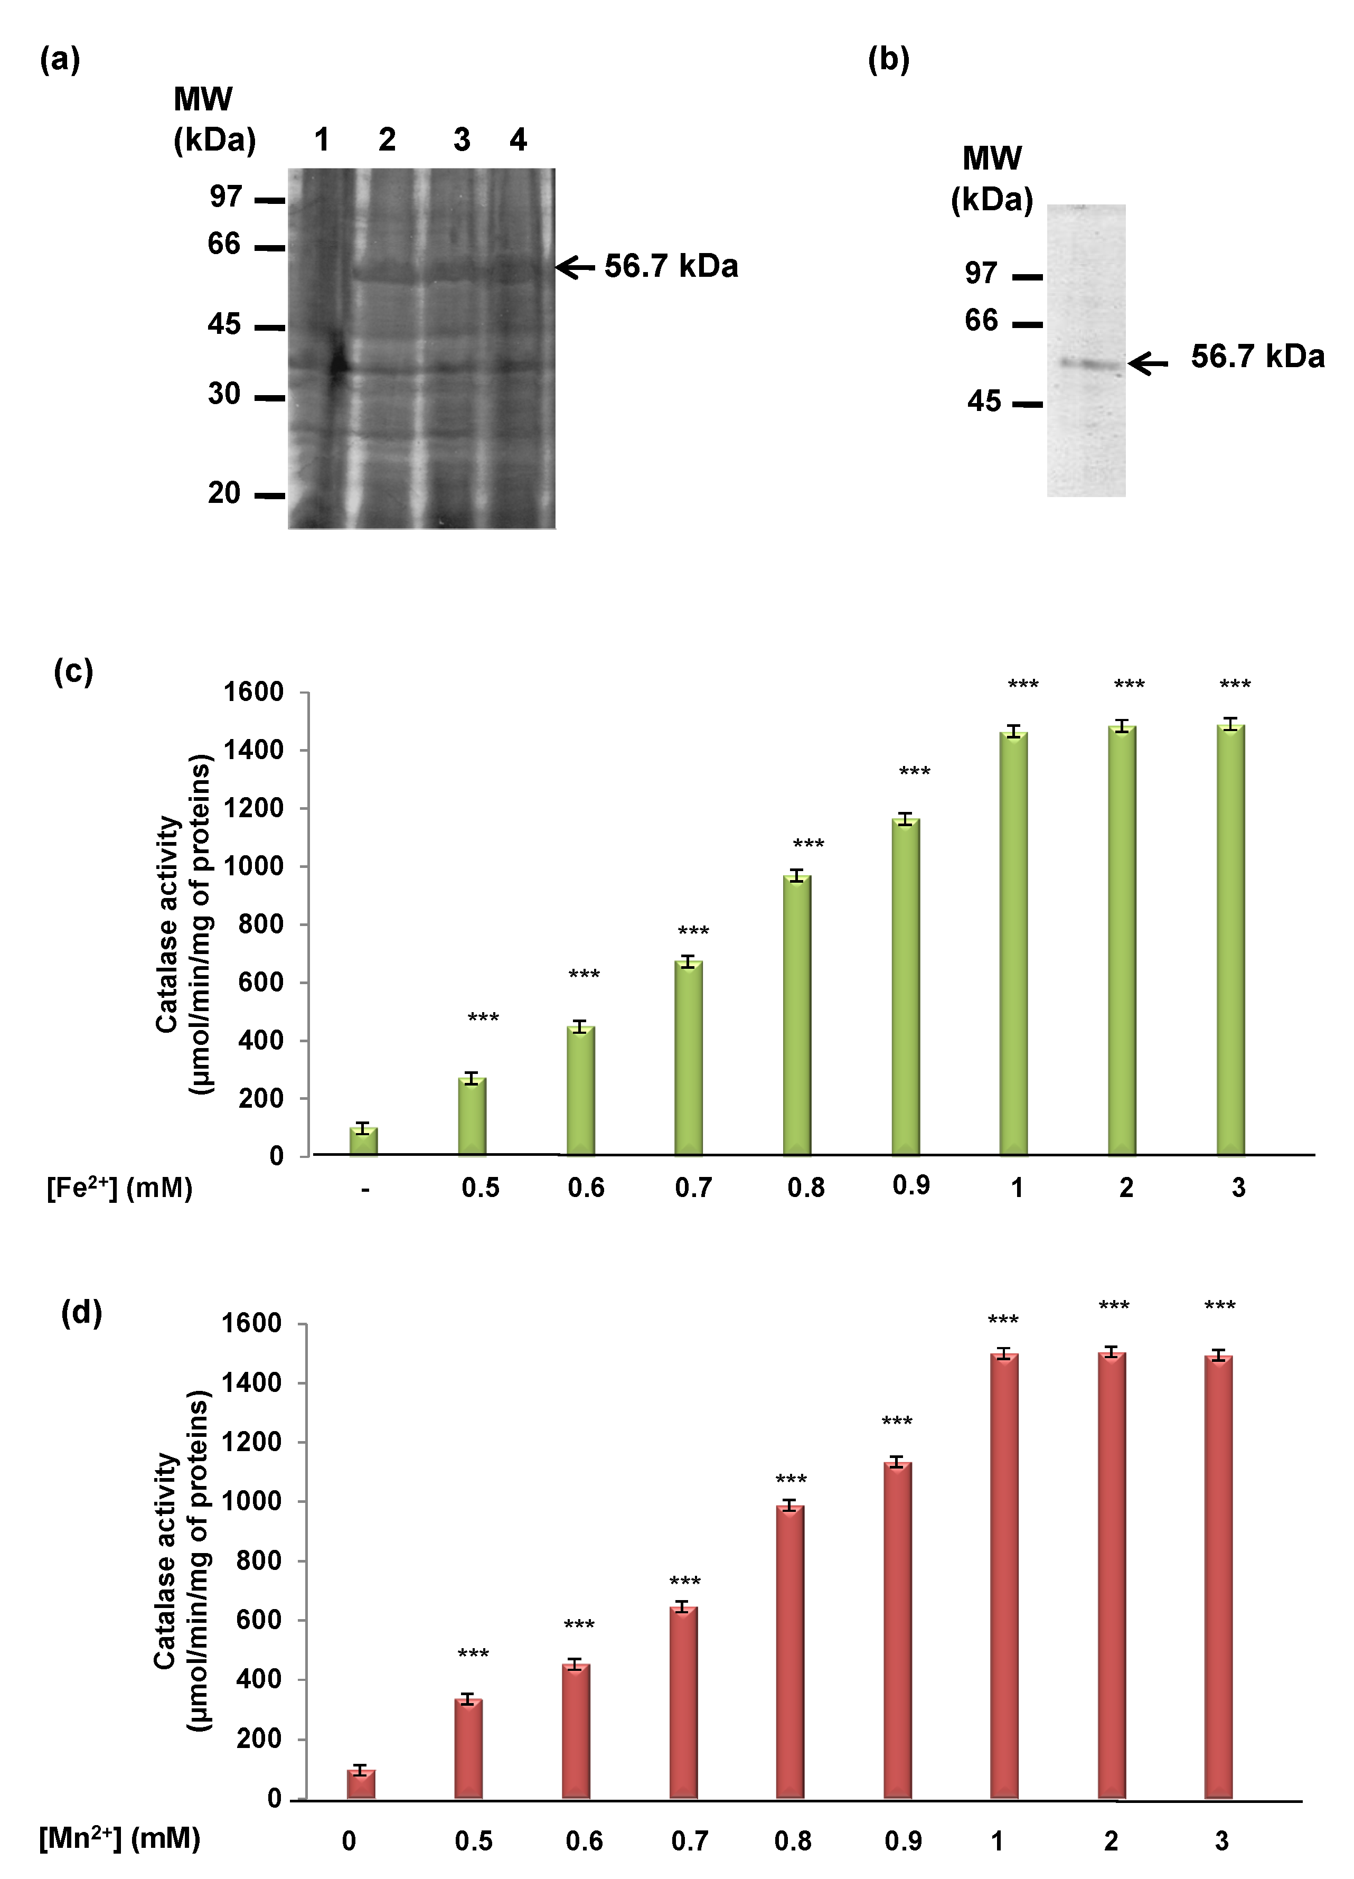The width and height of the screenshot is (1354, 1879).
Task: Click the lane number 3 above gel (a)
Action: tap(461, 140)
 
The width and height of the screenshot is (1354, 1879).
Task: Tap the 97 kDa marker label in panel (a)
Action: tap(225, 197)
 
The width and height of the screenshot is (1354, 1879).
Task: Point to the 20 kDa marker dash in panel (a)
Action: tap(270, 496)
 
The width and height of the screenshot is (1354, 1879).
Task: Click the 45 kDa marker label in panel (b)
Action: tap(984, 402)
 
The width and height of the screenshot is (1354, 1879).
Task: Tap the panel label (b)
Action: tap(888, 60)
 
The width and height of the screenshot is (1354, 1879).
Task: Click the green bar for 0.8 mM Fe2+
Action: tap(797, 1015)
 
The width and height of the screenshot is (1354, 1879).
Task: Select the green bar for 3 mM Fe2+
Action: tap(1230, 940)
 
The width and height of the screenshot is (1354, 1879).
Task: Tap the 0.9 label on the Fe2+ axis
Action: tap(911, 1185)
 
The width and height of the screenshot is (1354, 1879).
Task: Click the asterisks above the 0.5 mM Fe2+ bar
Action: tap(483, 1017)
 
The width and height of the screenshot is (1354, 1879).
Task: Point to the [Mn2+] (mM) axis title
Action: tap(119, 1838)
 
